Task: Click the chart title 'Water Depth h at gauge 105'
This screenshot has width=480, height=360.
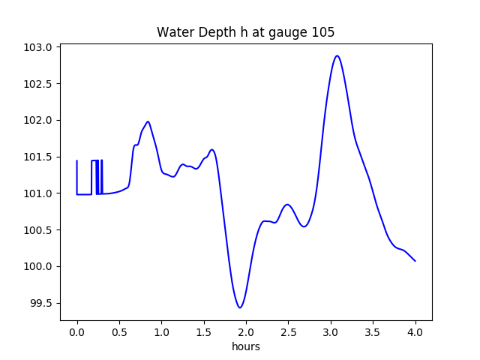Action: coord(245,32)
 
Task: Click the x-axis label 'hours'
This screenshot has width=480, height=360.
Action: coord(245,346)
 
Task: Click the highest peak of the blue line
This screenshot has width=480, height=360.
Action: coord(337,55)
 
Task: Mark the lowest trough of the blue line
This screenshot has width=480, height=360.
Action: coord(240,307)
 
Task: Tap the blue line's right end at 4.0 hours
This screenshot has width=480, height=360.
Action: coord(415,261)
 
